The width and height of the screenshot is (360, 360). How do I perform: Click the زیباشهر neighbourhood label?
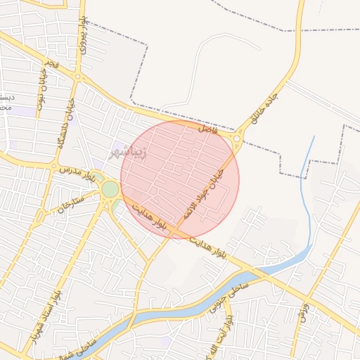[129, 152]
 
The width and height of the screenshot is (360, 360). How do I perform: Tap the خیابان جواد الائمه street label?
[204, 191]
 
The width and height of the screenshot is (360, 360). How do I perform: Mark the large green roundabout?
[110, 189]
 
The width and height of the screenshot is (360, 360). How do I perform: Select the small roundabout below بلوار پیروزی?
[79, 77]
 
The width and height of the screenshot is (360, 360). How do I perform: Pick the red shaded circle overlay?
[180, 180]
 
